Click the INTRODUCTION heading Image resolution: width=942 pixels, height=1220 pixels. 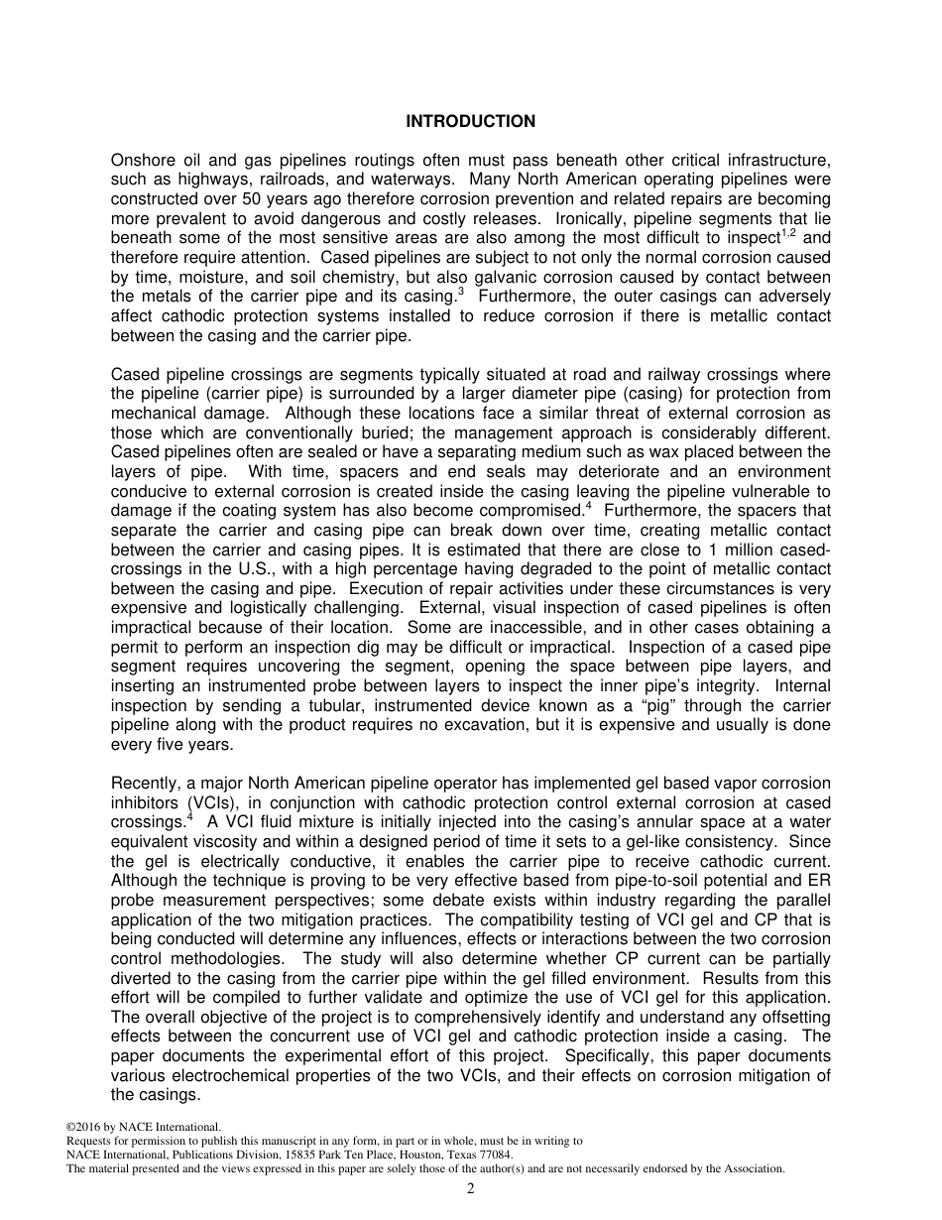coord(470,122)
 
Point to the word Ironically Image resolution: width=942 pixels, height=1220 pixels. coord(590,217)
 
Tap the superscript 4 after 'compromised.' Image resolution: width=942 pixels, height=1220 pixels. coord(589,506)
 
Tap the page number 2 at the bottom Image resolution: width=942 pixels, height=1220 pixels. coord(471,1189)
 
